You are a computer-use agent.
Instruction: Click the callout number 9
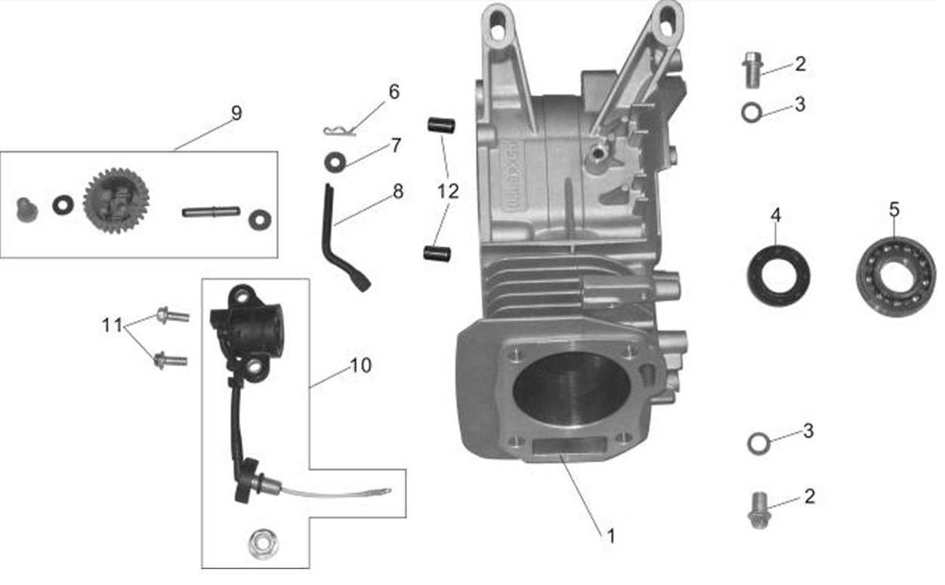[236, 113]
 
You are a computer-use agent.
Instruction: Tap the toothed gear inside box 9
[116, 200]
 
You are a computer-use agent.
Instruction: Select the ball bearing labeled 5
[896, 277]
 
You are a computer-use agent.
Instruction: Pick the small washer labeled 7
[333, 161]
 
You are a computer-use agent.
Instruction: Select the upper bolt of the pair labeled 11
[172, 315]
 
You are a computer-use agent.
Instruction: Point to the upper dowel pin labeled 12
[441, 125]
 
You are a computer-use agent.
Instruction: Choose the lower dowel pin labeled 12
[437, 253]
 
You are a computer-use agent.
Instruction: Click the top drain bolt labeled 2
[751, 69]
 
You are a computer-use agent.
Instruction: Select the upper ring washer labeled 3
[751, 113]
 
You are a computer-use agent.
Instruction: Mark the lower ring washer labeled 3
[758, 443]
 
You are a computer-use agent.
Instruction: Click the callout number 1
[610, 536]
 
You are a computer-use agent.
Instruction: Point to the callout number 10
[360, 366]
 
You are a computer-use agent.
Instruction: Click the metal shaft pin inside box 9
[211, 212]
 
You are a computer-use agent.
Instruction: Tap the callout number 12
[448, 191]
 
